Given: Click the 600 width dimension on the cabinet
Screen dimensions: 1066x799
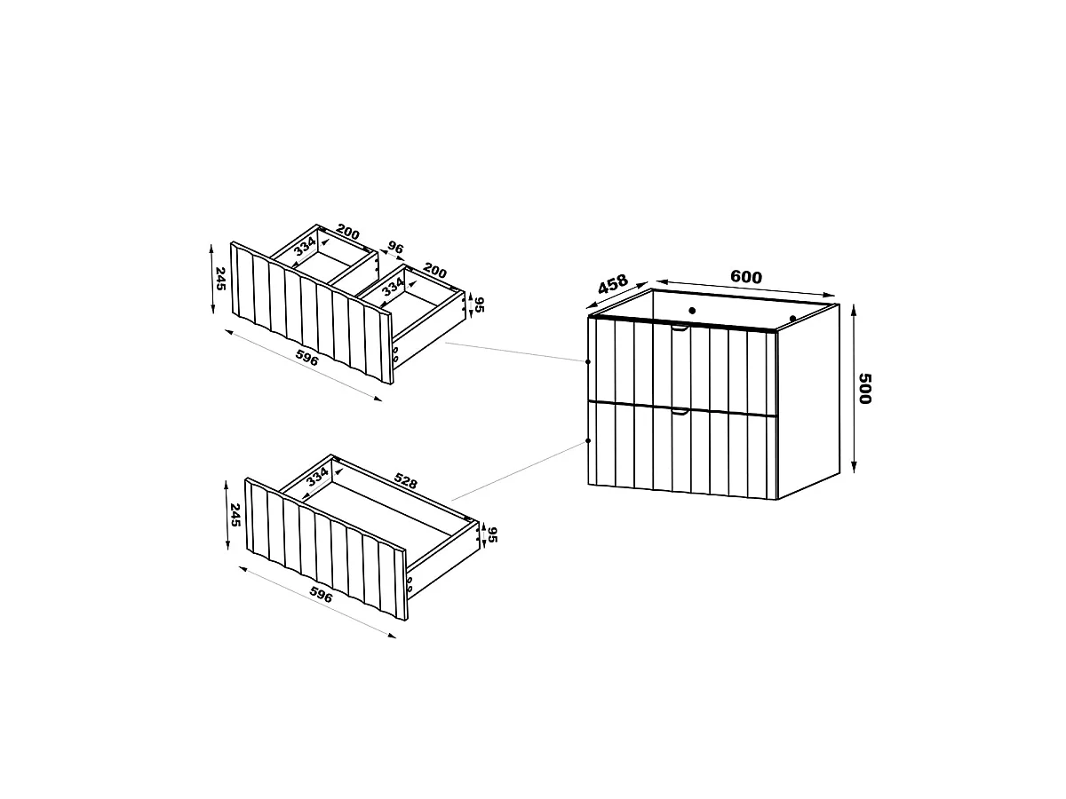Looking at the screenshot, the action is tap(746, 277).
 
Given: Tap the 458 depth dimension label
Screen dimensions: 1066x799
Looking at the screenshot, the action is tap(613, 284).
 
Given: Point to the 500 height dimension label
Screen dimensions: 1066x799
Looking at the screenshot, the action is tap(865, 389).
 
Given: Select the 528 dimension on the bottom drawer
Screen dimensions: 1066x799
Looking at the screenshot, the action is tap(405, 481).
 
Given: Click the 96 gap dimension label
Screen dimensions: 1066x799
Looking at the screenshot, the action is tap(395, 249).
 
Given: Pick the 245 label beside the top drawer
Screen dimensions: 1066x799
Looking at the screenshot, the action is tap(220, 279).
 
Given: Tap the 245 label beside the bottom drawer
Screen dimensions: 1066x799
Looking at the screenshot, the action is tap(235, 515).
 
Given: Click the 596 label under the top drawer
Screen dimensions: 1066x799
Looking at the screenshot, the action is tap(307, 358).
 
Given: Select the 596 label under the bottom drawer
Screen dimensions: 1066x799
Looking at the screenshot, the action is tap(321, 595).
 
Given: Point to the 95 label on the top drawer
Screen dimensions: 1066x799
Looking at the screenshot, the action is tap(479, 305).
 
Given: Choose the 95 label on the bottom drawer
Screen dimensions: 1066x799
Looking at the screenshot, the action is tap(492, 534).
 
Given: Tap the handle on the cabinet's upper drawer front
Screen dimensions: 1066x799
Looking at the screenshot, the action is tap(680, 328).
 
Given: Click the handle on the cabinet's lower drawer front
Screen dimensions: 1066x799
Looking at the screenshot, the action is tap(680, 412).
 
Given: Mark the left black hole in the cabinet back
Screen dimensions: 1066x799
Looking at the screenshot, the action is tap(692, 311).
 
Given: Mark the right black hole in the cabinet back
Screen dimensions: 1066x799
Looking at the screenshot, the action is tap(792, 319).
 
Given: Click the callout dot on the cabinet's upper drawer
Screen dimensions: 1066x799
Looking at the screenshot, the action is tap(588, 362).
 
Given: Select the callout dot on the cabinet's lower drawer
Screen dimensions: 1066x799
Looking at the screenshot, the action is tap(588, 441).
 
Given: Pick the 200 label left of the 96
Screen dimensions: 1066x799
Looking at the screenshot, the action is tap(348, 232).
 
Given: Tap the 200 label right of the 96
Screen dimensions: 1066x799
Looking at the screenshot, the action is tap(434, 271).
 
